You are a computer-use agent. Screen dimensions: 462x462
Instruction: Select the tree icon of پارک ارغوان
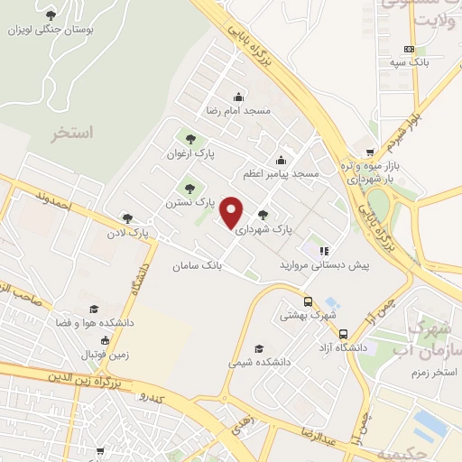(189, 139)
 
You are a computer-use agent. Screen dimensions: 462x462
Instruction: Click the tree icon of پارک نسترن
(189, 189)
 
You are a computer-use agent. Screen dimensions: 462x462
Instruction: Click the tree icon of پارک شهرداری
(263, 215)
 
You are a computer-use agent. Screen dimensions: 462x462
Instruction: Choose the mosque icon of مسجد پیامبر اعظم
(281, 161)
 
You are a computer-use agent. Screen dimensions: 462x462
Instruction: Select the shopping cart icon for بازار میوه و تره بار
(369, 154)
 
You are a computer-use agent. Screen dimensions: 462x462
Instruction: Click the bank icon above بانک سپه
(409, 50)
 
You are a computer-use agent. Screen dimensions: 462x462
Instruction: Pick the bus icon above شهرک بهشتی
(308, 302)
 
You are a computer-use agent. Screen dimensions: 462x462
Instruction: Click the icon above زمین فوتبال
(106, 341)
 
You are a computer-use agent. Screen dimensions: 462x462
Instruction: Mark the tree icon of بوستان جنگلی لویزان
(51, 15)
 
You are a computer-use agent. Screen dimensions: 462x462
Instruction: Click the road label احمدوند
(53, 199)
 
